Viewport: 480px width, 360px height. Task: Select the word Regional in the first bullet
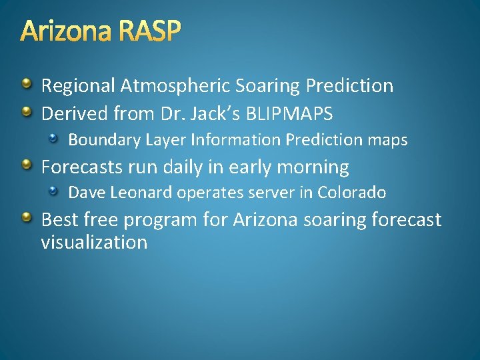(78, 86)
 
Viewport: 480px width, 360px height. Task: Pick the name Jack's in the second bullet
(215, 113)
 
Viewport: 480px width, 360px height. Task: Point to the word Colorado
(351, 193)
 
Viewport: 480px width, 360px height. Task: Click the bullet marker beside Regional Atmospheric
(26, 84)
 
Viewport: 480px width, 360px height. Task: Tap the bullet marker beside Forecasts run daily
(26, 165)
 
